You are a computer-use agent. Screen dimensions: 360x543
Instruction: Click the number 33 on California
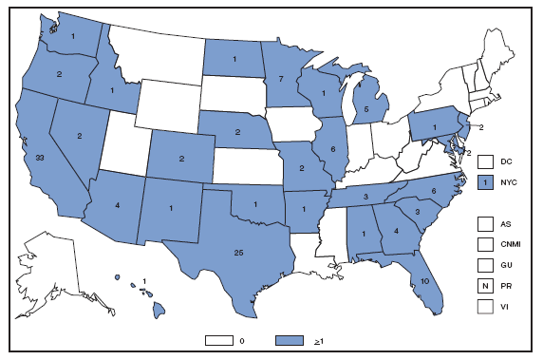click(x=39, y=157)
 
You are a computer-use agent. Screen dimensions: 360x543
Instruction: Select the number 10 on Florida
click(x=426, y=282)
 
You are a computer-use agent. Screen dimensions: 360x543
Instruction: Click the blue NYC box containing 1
click(x=486, y=182)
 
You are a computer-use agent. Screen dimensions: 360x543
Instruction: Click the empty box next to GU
click(x=486, y=267)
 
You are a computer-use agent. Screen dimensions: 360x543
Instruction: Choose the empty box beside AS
click(x=486, y=225)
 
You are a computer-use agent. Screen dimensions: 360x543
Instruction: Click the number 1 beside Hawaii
click(x=143, y=280)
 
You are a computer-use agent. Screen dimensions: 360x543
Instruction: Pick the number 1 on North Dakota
click(x=234, y=60)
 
